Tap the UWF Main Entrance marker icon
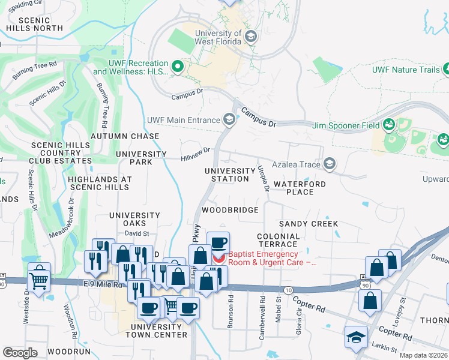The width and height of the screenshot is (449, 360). pyautogui.click(x=229, y=120)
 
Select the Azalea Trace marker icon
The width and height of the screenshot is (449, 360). pyautogui.click(x=329, y=163)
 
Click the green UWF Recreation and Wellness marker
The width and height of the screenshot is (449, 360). pyautogui.click(x=177, y=67)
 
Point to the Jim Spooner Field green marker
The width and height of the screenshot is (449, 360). pyautogui.click(x=389, y=125)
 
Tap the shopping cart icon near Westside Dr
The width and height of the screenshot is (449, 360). pyautogui.click(x=39, y=277)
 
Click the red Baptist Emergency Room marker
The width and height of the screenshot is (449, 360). pyautogui.click(x=219, y=259)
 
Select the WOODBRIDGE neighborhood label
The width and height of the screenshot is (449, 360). pyautogui.click(x=230, y=210)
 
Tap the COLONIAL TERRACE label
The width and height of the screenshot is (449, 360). pyautogui.click(x=277, y=240)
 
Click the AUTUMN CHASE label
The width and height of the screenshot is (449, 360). pyautogui.click(x=125, y=136)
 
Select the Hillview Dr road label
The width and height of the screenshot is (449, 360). pyautogui.click(x=196, y=155)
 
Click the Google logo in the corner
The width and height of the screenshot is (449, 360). pyautogui.click(x=20, y=353)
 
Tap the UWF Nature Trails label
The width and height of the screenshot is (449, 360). pyautogui.click(x=406, y=70)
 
